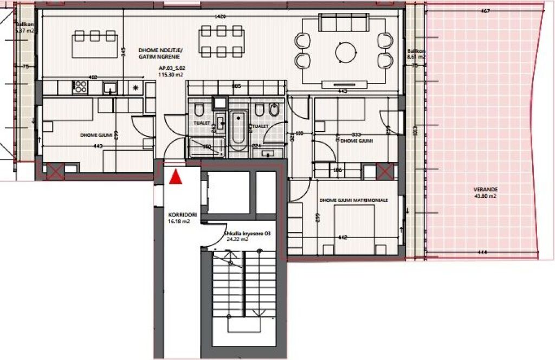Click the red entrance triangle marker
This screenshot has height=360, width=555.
[x=175, y=177]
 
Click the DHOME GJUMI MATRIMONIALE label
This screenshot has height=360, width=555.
[x=354, y=201]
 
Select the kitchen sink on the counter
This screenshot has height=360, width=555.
[x=110, y=88]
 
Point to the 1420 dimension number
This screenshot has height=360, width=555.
[x=221, y=17]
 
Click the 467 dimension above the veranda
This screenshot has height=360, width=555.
[x=486, y=10]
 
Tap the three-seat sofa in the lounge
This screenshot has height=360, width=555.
[x=344, y=23]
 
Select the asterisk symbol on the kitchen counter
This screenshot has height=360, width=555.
[x=135, y=87]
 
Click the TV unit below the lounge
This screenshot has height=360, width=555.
[x=345, y=84]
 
